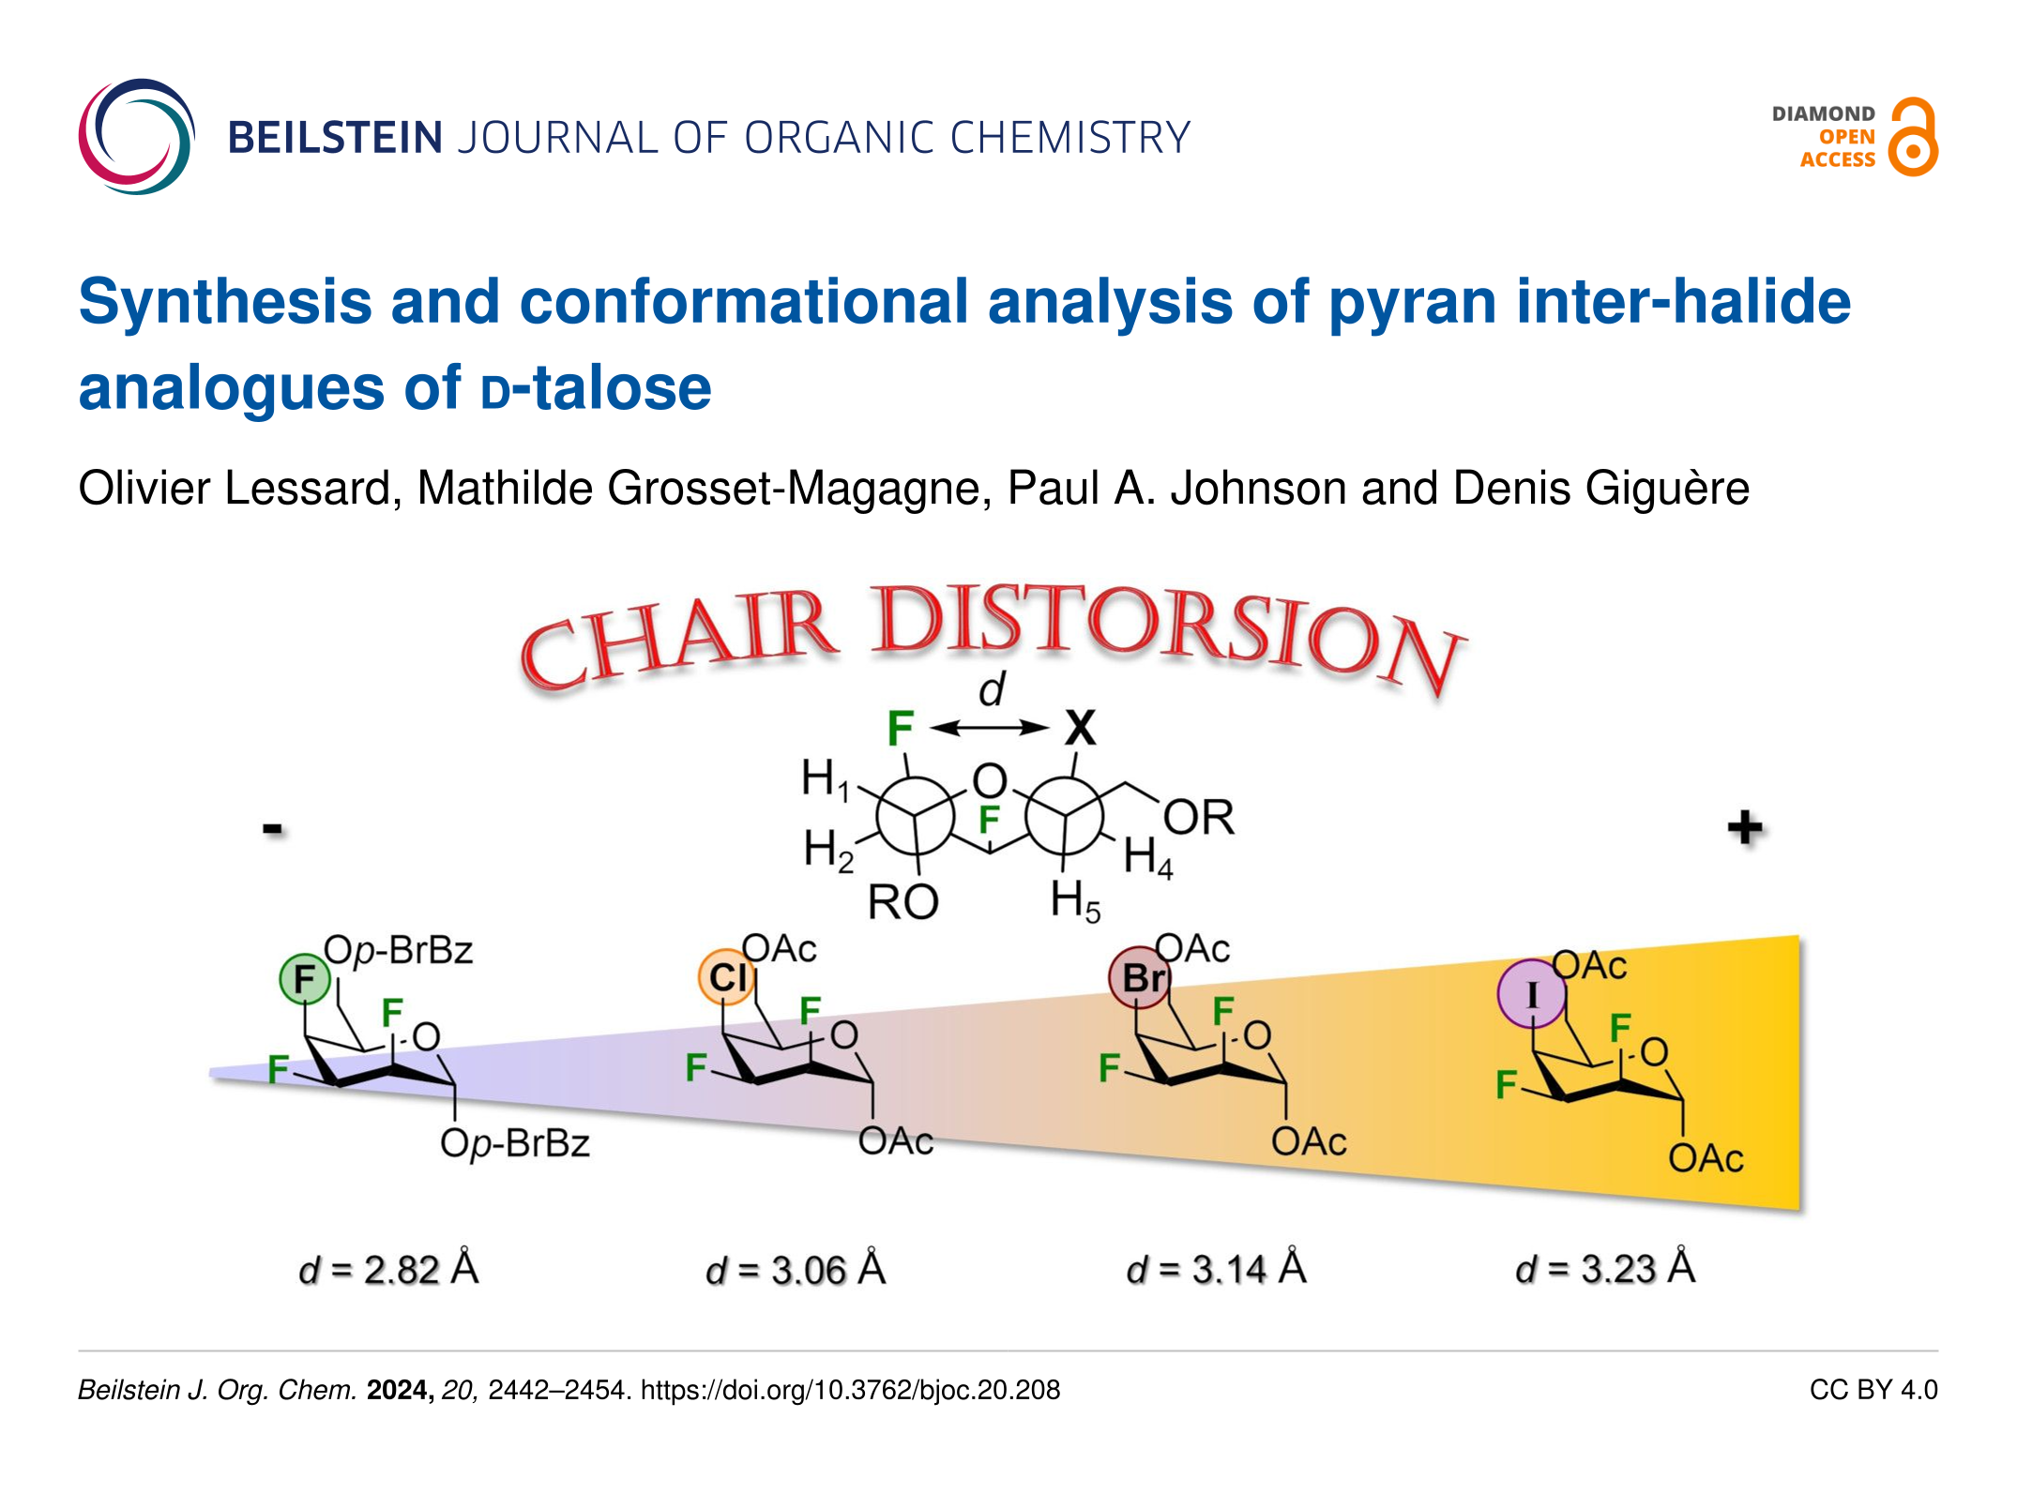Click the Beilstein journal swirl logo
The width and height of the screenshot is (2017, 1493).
pyautogui.click(x=137, y=137)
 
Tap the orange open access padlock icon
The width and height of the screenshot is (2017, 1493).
pyautogui.click(x=1913, y=137)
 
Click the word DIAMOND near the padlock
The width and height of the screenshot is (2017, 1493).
pyautogui.click(x=1823, y=113)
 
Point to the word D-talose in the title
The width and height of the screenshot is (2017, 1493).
pyautogui.click(x=596, y=387)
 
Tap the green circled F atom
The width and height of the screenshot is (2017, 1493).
pyautogui.click(x=305, y=979)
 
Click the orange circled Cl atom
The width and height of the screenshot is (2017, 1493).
pyautogui.click(x=727, y=977)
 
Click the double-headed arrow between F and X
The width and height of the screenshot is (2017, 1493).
pyautogui.click(x=990, y=728)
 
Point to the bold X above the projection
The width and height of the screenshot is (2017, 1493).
pyautogui.click(x=1081, y=728)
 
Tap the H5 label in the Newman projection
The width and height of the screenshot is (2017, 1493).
pyautogui.click(x=1075, y=901)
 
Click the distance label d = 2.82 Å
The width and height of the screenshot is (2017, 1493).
pyautogui.click(x=388, y=1269)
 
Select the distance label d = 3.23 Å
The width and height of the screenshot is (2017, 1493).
pyautogui.click(x=1605, y=1268)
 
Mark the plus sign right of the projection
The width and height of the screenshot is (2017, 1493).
pyautogui.click(x=1745, y=828)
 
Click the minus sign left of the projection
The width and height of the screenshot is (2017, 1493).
pyautogui.click(x=272, y=829)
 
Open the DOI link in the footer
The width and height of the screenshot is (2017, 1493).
pyautogui.click(x=850, y=1390)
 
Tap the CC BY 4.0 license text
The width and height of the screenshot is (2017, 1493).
pyautogui.click(x=1873, y=1390)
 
